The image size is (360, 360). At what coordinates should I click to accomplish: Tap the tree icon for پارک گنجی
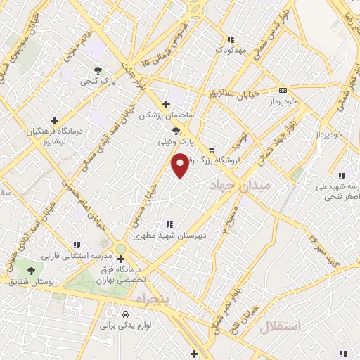click(x=98, y=70)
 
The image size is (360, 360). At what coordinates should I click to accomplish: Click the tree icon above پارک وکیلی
click(x=176, y=130)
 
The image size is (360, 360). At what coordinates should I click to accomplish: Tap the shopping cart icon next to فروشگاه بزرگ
click(x=212, y=150)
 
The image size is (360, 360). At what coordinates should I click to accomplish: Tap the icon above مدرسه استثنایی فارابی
click(x=76, y=244)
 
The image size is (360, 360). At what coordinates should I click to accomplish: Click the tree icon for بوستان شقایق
click(x=30, y=270)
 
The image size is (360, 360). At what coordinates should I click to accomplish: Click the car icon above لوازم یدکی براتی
click(x=125, y=314)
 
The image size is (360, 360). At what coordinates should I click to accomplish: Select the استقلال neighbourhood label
click(x=280, y=326)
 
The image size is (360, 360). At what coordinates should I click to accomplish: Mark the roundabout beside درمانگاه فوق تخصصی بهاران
click(x=121, y=248)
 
